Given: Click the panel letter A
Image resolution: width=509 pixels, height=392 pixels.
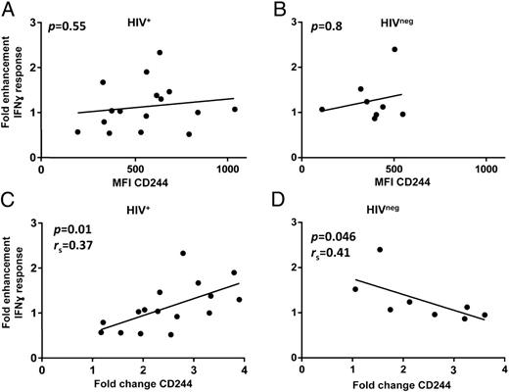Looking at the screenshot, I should pyautogui.click(x=9, y=10).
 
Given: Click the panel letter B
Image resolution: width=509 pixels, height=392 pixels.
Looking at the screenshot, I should pyautogui.click(x=276, y=10).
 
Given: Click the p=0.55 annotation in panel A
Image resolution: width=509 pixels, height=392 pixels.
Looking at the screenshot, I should pyautogui.click(x=70, y=21).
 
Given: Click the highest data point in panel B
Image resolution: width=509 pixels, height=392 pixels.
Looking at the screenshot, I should pyautogui.click(x=395, y=49).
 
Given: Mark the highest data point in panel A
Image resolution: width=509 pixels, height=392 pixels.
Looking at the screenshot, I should pyautogui.click(x=160, y=52).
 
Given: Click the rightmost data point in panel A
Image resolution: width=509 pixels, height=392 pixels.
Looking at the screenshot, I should pyautogui.click(x=235, y=109).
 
